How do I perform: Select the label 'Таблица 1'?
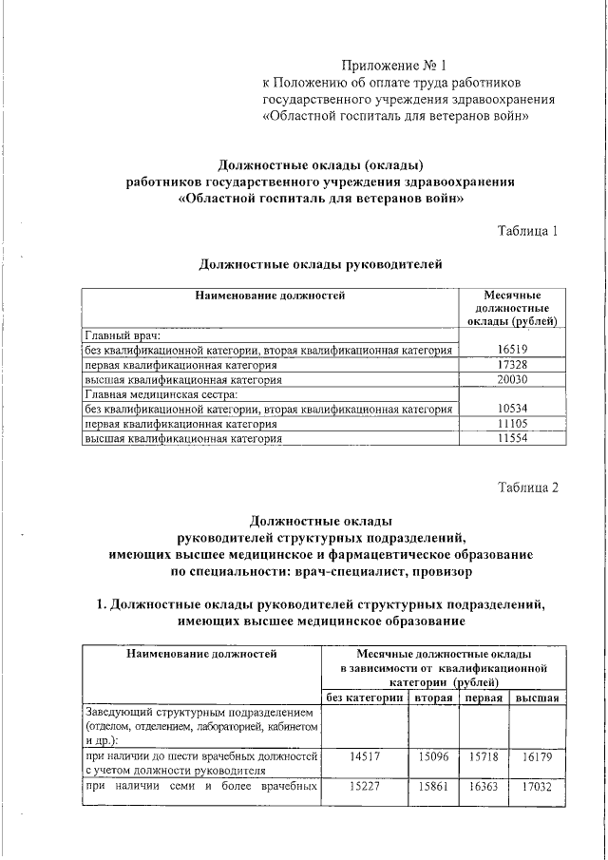coord(528,231)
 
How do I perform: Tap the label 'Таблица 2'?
coord(528,487)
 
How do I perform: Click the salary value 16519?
coord(511,351)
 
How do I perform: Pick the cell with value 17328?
coord(511,365)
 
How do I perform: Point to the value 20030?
coord(511,379)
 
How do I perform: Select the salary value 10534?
coord(511,410)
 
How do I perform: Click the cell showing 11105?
coord(511,424)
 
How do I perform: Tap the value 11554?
coord(511,439)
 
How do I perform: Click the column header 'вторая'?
coord(432,698)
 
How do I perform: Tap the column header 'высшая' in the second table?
coord(536,698)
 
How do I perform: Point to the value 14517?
coord(365,756)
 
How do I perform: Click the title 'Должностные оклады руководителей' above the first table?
coord(321,264)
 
